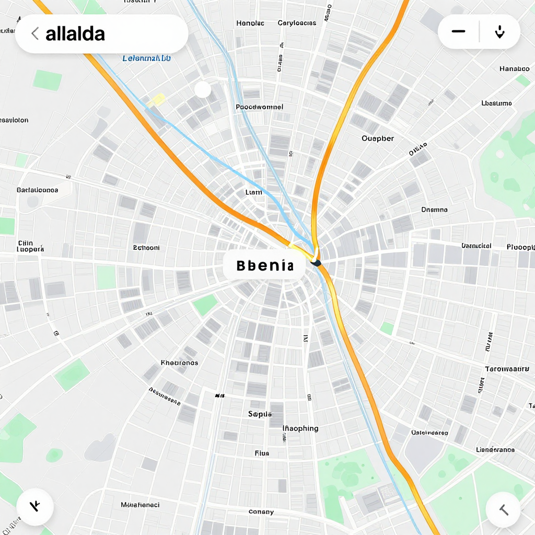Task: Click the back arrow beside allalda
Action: pyautogui.click(x=35, y=34)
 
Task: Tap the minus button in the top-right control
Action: pyautogui.click(x=458, y=32)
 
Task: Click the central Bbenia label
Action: pyautogui.click(x=264, y=265)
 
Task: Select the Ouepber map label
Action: pyautogui.click(x=378, y=138)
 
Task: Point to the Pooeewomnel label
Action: pyautogui.click(x=259, y=107)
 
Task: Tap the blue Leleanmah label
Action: pyautogui.click(x=146, y=59)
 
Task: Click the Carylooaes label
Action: pyautogui.click(x=297, y=23)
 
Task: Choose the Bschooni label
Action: pyautogui.click(x=146, y=248)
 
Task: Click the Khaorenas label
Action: pyautogui.click(x=179, y=363)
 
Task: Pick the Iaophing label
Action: pyautogui.click(x=300, y=428)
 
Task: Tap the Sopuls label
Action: pyautogui.click(x=260, y=414)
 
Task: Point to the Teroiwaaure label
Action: pyautogui.click(x=507, y=369)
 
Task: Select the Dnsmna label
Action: pyautogui.click(x=434, y=210)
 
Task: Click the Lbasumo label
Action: pyautogui.click(x=496, y=103)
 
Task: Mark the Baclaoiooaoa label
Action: pyautogui.click(x=37, y=190)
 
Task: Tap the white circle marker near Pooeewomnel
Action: pyautogui.click(x=203, y=90)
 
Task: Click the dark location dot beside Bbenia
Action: pyautogui.click(x=316, y=263)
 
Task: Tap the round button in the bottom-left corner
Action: pyautogui.click(x=35, y=507)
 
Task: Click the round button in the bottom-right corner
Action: pyautogui.click(x=503, y=509)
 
